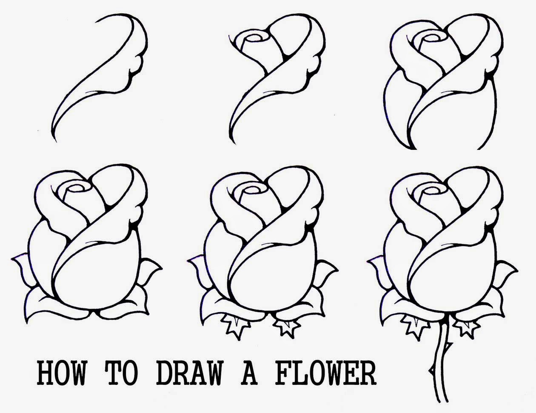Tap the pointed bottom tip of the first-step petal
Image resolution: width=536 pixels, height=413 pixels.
pos(54,138)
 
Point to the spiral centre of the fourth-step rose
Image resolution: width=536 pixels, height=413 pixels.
pos(78,187)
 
